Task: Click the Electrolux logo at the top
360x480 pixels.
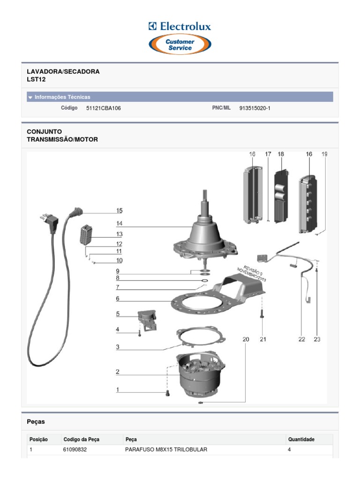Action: pos(180,26)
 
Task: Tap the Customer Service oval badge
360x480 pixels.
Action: pos(180,45)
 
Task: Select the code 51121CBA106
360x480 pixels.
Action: pos(100,108)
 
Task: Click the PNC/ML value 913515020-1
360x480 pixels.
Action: pos(255,108)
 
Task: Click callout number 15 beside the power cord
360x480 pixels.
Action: pos(120,211)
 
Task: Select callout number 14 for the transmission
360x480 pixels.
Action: pos(120,224)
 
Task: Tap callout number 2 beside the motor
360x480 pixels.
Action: pos(118,372)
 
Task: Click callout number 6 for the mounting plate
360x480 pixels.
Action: pos(118,299)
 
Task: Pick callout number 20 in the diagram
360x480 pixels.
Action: pos(246,339)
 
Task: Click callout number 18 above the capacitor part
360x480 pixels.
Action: pos(281,154)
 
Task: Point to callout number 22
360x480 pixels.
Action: pos(301,339)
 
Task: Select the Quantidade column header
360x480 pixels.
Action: pos(301,440)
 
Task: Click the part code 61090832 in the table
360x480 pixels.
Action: pos(75,450)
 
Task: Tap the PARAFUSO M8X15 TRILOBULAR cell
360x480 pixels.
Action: pos(166,450)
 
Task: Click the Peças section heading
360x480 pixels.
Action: pos(36,421)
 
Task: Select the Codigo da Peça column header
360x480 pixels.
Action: pos(81,440)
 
